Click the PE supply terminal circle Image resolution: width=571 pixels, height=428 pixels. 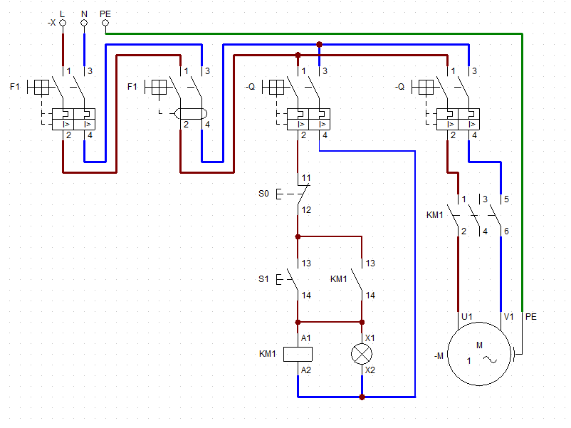106,23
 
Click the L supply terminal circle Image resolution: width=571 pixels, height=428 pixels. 62,23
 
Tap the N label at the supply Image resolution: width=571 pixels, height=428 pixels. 84,14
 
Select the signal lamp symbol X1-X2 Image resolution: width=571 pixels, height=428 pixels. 362,353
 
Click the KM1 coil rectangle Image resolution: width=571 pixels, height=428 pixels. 298,353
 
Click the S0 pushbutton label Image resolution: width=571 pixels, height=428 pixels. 264,194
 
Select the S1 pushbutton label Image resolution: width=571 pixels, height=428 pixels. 264,279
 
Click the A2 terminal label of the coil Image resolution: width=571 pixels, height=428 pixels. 306,370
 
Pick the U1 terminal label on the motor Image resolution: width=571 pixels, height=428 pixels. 467,316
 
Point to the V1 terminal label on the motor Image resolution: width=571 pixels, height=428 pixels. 508,316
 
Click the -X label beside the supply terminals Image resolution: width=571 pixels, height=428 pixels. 51,23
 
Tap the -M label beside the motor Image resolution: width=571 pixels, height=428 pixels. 439,355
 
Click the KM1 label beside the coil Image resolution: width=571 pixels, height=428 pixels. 268,353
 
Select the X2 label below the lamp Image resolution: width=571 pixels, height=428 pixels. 370,370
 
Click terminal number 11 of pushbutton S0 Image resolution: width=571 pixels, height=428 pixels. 306,178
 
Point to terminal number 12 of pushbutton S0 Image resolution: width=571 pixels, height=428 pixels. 306,210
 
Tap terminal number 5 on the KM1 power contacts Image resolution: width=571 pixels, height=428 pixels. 505,199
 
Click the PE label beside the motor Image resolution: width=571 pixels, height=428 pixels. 531,316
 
